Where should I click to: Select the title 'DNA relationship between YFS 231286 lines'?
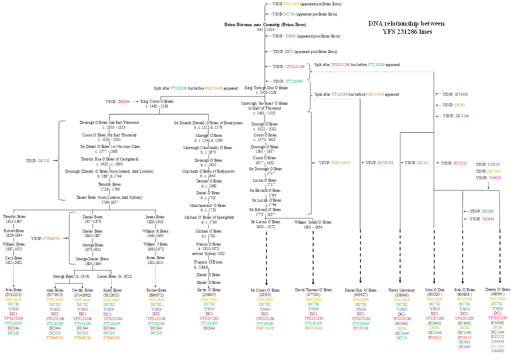pyautogui.click(x=406, y=27)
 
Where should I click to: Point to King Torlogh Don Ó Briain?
pyautogui.click(x=266, y=88)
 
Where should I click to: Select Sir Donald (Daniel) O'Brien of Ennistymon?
pyautogui.click(x=208, y=123)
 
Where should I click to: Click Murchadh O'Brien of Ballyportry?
pyautogui.click(x=208, y=171)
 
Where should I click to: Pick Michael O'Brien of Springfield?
pyautogui.click(x=208, y=217)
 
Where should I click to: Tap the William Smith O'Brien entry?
pyautogui.click(x=313, y=222)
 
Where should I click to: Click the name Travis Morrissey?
pyautogui.click(x=402, y=290)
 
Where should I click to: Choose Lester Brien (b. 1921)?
pyautogui.click(x=114, y=277)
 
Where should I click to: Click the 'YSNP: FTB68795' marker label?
pyautogui.click(x=46, y=238)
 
